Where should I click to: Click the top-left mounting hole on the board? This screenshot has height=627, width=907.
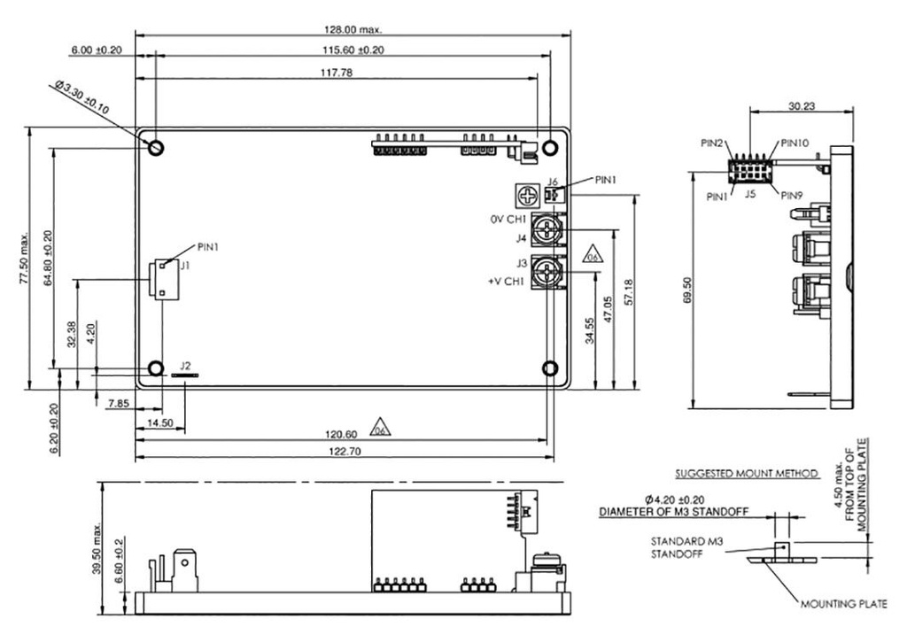tap(156, 147)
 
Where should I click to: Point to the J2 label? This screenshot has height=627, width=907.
tap(185, 364)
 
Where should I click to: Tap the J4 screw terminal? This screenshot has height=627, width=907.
tap(549, 231)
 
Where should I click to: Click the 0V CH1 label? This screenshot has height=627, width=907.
tap(508, 219)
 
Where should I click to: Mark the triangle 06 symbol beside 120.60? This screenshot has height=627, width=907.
tap(379, 426)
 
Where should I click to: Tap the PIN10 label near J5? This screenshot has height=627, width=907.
tap(795, 143)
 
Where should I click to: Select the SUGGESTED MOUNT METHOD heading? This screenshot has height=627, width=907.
tap(745, 474)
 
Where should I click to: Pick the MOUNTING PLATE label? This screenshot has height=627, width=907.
tap(843, 606)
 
